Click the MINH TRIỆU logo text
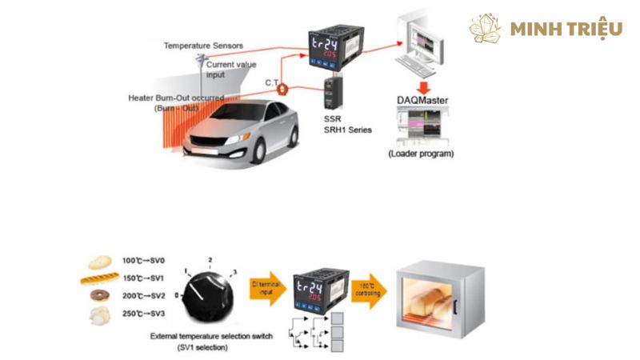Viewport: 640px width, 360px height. coord(566,30)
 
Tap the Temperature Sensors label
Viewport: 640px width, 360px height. coord(203,46)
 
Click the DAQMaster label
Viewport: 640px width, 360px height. coord(422,100)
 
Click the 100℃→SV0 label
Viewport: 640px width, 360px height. coord(144,261)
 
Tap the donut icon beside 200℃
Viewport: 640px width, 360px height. coord(100,295)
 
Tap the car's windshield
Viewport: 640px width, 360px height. coord(245,114)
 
